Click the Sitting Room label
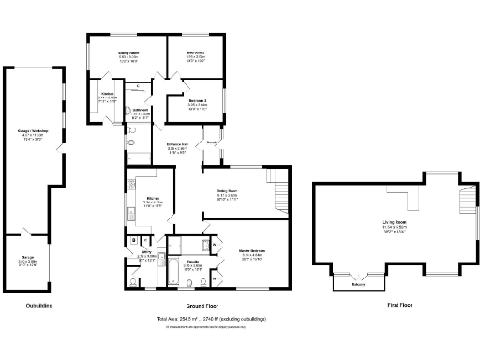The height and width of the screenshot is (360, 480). pos(127,54)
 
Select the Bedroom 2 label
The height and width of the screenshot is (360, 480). pos(195,53)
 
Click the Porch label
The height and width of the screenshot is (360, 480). pos(213,142)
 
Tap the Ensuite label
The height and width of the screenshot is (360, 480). pos(192,262)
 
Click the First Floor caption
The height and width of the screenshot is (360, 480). pos(401,306)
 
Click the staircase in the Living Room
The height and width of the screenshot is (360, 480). pos(467,201)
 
